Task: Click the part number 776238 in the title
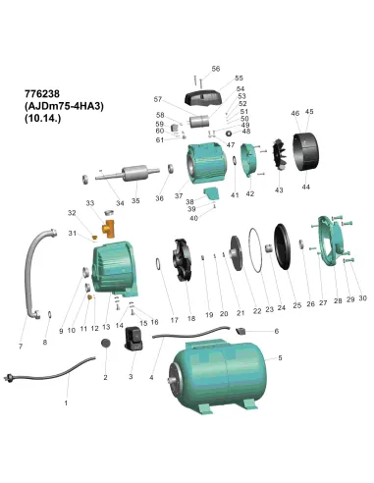[x=42, y=94]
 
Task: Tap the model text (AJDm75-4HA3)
[x=64, y=106]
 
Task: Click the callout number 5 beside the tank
[x=280, y=358]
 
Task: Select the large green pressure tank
[x=217, y=375]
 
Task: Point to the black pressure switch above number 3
[x=134, y=338]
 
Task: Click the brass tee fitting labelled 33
[x=109, y=228]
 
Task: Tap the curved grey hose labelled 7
[x=36, y=273]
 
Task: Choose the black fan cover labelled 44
[x=305, y=151]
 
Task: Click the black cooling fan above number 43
[x=280, y=155]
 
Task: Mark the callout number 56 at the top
[x=216, y=69]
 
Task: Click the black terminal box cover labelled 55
[x=203, y=97]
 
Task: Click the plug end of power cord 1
[x=7, y=377]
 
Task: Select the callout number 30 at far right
[x=362, y=298]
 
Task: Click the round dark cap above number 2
[x=105, y=344]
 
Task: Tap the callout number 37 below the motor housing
[x=179, y=195]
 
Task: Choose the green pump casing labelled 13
[x=115, y=267]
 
